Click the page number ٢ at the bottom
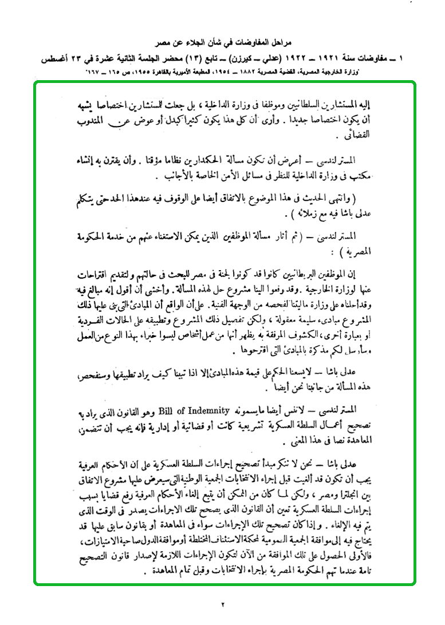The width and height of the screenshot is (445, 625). pyautogui.click(x=223, y=604)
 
